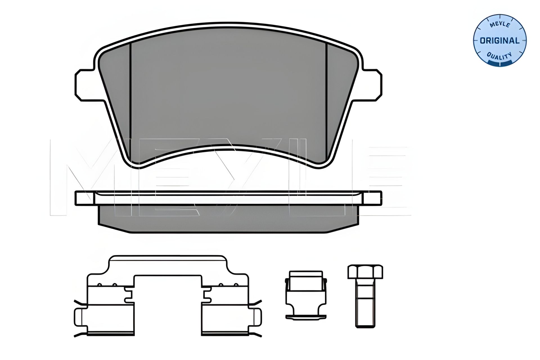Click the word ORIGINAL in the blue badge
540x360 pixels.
point(500,41)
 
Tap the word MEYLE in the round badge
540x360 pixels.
point(500,25)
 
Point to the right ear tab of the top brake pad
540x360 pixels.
point(372,85)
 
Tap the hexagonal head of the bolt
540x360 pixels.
point(365,271)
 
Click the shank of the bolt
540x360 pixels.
point(365,303)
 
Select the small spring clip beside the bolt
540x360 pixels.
point(306,295)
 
